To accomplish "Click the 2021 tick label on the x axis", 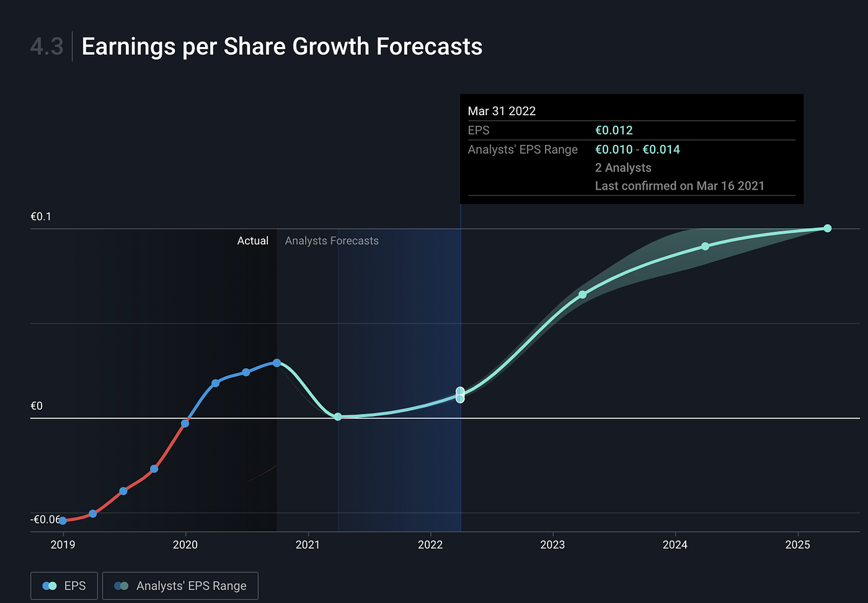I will pyautogui.click(x=308, y=545).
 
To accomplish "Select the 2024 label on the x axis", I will pyautogui.click(x=675, y=545).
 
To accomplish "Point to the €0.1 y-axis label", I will pyautogui.click(x=41, y=216).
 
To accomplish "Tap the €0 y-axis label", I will pyautogui.click(x=37, y=406).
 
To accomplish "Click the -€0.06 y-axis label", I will pyautogui.click(x=46, y=519).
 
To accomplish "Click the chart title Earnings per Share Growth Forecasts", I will pyautogui.click(x=282, y=46).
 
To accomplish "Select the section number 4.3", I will pyautogui.click(x=46, y=46).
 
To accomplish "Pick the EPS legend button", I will pyautogui.click(x=64, y=586).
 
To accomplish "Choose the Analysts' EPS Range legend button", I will pyautogui.click(x=180, y=586).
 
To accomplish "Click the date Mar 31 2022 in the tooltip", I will pyautogui.click(x=502, y=111).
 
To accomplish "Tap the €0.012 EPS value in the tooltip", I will pyautogui.click(x=614, y=130).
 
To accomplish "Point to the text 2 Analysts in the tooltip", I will pyautogui.click(x=623, y=167).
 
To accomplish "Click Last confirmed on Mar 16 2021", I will pyautogui.click(x=680, y=186).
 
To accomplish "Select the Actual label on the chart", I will pyautogui.click(x=252, y=240).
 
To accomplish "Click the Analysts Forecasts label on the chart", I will pyautogui.click(x=332, y=240).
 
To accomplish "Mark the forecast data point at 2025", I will pyautogui.click(x=827, y=228).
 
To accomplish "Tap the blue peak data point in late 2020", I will pyautogui.click(x=277, y=363).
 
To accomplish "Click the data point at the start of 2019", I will pyautogui.click(x=63, y=521).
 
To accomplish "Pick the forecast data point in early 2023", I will pyautogui.click(x=582, y=294).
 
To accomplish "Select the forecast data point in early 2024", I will pyautogui.click(x=705, y=246).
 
